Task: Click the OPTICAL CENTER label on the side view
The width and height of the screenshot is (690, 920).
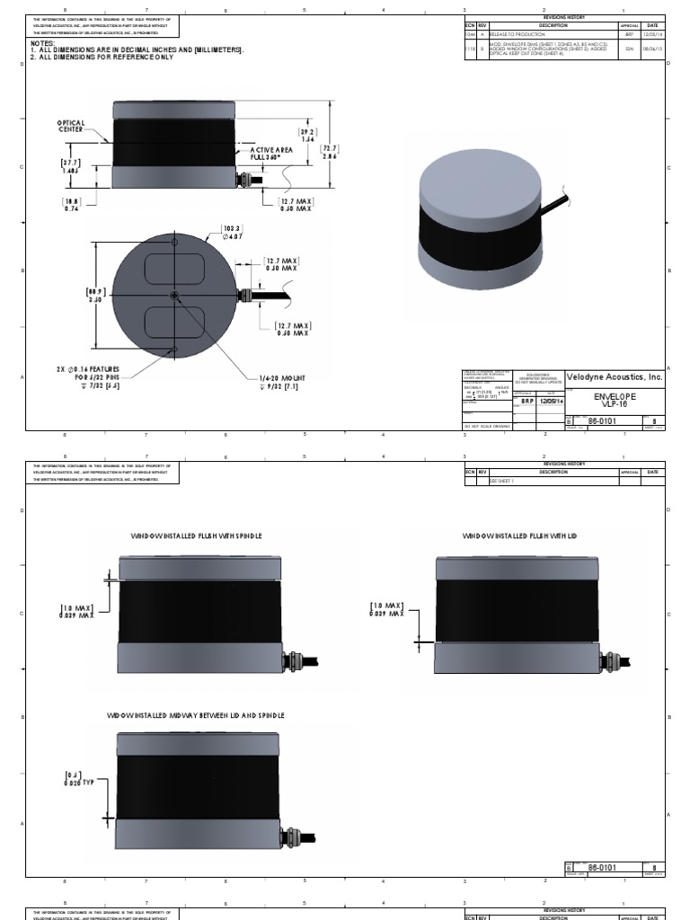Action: [x=72, y=126]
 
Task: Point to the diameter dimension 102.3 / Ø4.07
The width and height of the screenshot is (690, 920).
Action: [x=234, y=234]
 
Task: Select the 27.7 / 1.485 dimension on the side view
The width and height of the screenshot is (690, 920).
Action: [x=71, y=165]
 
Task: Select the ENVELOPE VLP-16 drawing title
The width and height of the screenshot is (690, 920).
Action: [x=615, y=400]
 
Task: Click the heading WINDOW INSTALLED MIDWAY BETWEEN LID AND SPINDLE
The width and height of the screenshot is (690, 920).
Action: [x=196, y=715]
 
